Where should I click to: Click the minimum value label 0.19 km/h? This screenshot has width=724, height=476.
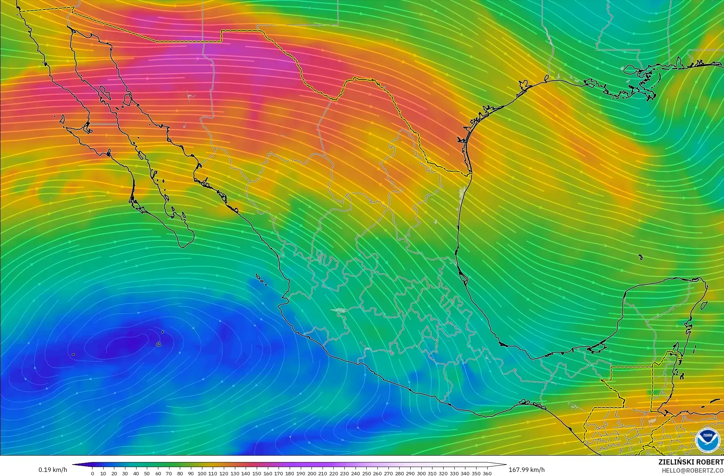point(53,470)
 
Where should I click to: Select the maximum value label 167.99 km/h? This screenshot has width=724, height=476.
point(526,470)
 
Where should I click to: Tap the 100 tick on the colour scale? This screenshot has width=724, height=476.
point(202,473)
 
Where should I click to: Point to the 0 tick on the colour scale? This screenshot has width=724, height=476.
point(92,473)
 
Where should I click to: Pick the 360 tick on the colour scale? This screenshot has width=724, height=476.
point(487,473)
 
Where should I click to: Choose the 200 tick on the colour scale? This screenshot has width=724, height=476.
point(312,473)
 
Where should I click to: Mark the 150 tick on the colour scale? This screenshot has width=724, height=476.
point(257,473)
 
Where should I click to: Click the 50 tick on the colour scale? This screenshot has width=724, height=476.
point(147,473)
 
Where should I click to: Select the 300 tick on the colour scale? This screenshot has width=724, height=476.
point(421,473)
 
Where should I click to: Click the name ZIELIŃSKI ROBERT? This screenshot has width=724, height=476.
point(691,462)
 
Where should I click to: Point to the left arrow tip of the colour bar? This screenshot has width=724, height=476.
point(73,465)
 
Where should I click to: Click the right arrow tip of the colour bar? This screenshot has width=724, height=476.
point(505,465)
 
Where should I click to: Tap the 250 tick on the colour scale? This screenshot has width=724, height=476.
point(366,473)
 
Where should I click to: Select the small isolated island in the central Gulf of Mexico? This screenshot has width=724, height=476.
point(640,257)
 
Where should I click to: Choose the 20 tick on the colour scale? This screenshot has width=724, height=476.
point(114,473)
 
